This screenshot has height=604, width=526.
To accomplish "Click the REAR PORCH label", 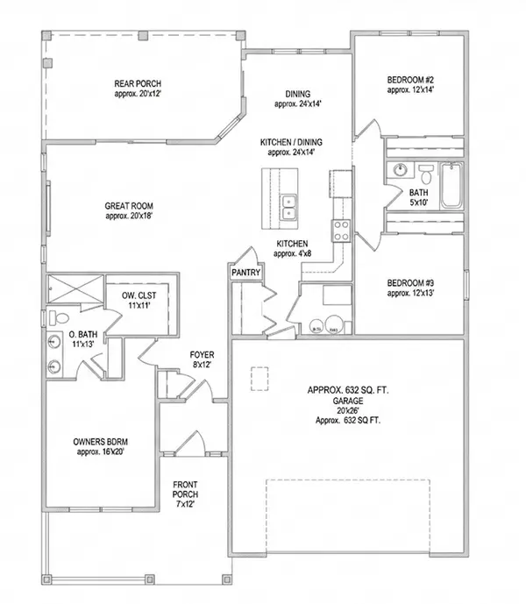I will (x=135, y=84).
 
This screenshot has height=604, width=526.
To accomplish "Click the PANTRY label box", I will (x=246, y=273).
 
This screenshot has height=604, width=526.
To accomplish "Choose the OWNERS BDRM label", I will (x=99, y=443).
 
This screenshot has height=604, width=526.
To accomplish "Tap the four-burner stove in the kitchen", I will (x=340, y=230).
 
